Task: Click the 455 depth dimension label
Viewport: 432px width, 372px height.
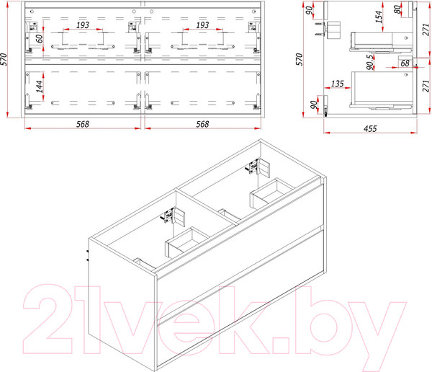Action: [x=370, y=128]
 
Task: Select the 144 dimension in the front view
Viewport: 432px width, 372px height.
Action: [x=40, y=87]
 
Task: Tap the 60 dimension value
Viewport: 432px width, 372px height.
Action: [x=40, y=38]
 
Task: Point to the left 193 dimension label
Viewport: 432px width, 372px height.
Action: [x=83, y=25]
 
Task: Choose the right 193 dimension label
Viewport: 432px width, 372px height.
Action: [x=202, y=25]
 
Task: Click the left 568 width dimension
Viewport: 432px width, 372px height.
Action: [x=83, y=124]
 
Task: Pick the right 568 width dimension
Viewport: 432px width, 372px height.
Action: [x=202, y=124]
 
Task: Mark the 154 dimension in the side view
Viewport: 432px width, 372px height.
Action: [x=379, y=17]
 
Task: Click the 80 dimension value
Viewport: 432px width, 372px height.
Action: [x=397, y=9]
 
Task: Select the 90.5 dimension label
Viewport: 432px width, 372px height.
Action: [x=371, y=62]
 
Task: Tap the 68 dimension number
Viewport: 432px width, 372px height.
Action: [x=405, y=63]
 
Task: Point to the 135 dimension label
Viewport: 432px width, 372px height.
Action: [x=338, y=84]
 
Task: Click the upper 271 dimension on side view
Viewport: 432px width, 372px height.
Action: [x=426, y=30]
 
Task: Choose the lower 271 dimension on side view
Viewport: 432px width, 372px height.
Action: [x=426, y=86]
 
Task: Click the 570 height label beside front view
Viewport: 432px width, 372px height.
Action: [x=4, y=59]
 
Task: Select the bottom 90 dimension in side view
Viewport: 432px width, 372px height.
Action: [x=313, y=105]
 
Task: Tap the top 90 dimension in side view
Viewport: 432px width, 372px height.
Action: [x=310, y=11]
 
